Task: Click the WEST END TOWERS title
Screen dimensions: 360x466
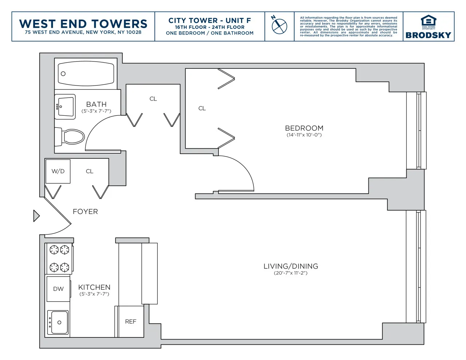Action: pyautogui.click(x=83, y=24)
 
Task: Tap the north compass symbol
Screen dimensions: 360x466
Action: pyautogui.click(x=279, y=26)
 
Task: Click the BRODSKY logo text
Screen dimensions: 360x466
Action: pyautogui.click(x=428, y=35)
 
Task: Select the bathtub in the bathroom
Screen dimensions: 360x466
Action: pyautogui.click(x=86, y=74)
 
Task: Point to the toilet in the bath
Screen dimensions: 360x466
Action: pyautogui.click(x=71, y=137)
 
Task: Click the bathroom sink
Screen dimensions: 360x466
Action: pyautogui.click(x=66, y=107)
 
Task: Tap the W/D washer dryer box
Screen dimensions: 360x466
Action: pyautogui.click(x=58, y=171)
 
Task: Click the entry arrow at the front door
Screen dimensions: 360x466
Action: pyautogui.click(x=36, y=216)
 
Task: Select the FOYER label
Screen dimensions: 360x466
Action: pyautogui.click(x=85, y=211)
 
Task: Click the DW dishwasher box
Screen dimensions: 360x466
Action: pyautogui.click(x=58, y=289)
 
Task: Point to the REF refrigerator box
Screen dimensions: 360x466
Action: pyautogui.click(x=131, y=321)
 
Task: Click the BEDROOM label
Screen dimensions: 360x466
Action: pyautogui.click(x=304, y=128)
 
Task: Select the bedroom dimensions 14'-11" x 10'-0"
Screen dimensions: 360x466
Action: pyautogui.click(x=304, y=135)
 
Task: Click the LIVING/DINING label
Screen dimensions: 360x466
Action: pyautogui.click(x=291, y=266)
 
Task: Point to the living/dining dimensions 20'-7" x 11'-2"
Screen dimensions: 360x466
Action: pyautogui.click(x=291, y=273)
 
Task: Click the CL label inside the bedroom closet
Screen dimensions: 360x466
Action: pyautogui.click(x=202, y=108)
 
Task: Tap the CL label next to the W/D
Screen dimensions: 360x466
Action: pyautogui.click(x=90, y=171)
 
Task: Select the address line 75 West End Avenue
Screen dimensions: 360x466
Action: pyautogui.click(x=83, y=32)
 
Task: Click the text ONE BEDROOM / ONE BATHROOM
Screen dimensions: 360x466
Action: pyautogui.click(x=210, y=33)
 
